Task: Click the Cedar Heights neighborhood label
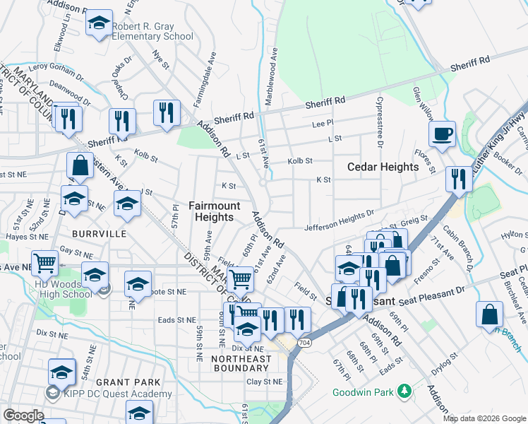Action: point(383,167)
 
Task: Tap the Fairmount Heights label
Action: point(215,211)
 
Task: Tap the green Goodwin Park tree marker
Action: point(404,390)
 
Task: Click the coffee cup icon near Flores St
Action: point(442,134)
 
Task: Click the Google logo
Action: point(23,416)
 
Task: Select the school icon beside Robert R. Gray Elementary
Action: point(100,23)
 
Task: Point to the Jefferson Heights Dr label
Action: point(339,220)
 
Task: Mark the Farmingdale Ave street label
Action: point(210,67)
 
